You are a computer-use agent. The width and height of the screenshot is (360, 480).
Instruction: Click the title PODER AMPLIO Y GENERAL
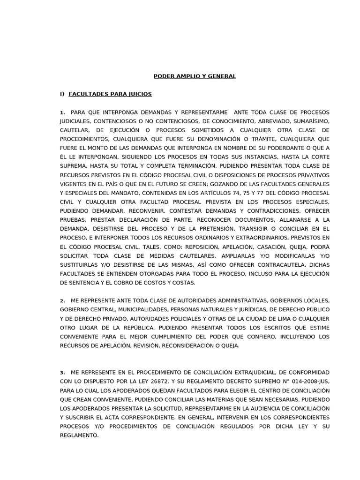tap(195, 76)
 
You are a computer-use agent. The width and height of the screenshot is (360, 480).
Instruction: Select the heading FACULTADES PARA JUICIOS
tap(110, 94)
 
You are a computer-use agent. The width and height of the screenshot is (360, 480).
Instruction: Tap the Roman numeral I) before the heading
tap(62, 94)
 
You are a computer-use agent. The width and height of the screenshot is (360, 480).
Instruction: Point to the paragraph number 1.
tap(62, 112)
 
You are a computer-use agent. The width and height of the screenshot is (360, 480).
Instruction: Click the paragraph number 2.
tap(62, 301)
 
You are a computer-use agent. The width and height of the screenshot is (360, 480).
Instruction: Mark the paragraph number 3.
tap(62, 373)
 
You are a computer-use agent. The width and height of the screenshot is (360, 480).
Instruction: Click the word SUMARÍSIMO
tap(310, 121)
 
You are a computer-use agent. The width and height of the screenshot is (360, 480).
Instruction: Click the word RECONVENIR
tap(141, 211)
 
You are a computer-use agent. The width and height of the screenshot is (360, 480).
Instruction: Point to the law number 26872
tap(153, 382)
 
